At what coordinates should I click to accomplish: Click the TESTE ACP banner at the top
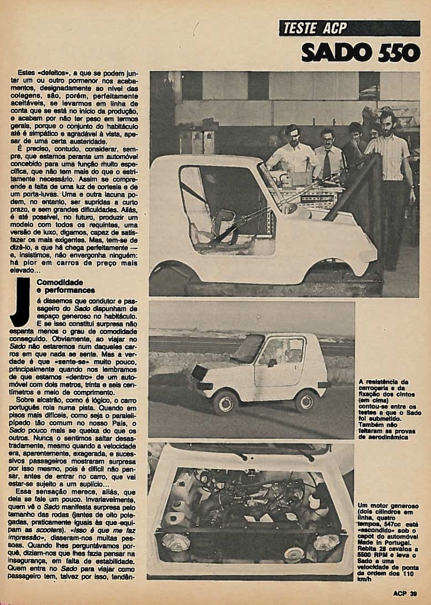point(349,28)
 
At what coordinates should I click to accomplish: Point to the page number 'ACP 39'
point(405,594)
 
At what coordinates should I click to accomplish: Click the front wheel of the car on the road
point(225,402)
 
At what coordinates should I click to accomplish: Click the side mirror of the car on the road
point(273,362)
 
